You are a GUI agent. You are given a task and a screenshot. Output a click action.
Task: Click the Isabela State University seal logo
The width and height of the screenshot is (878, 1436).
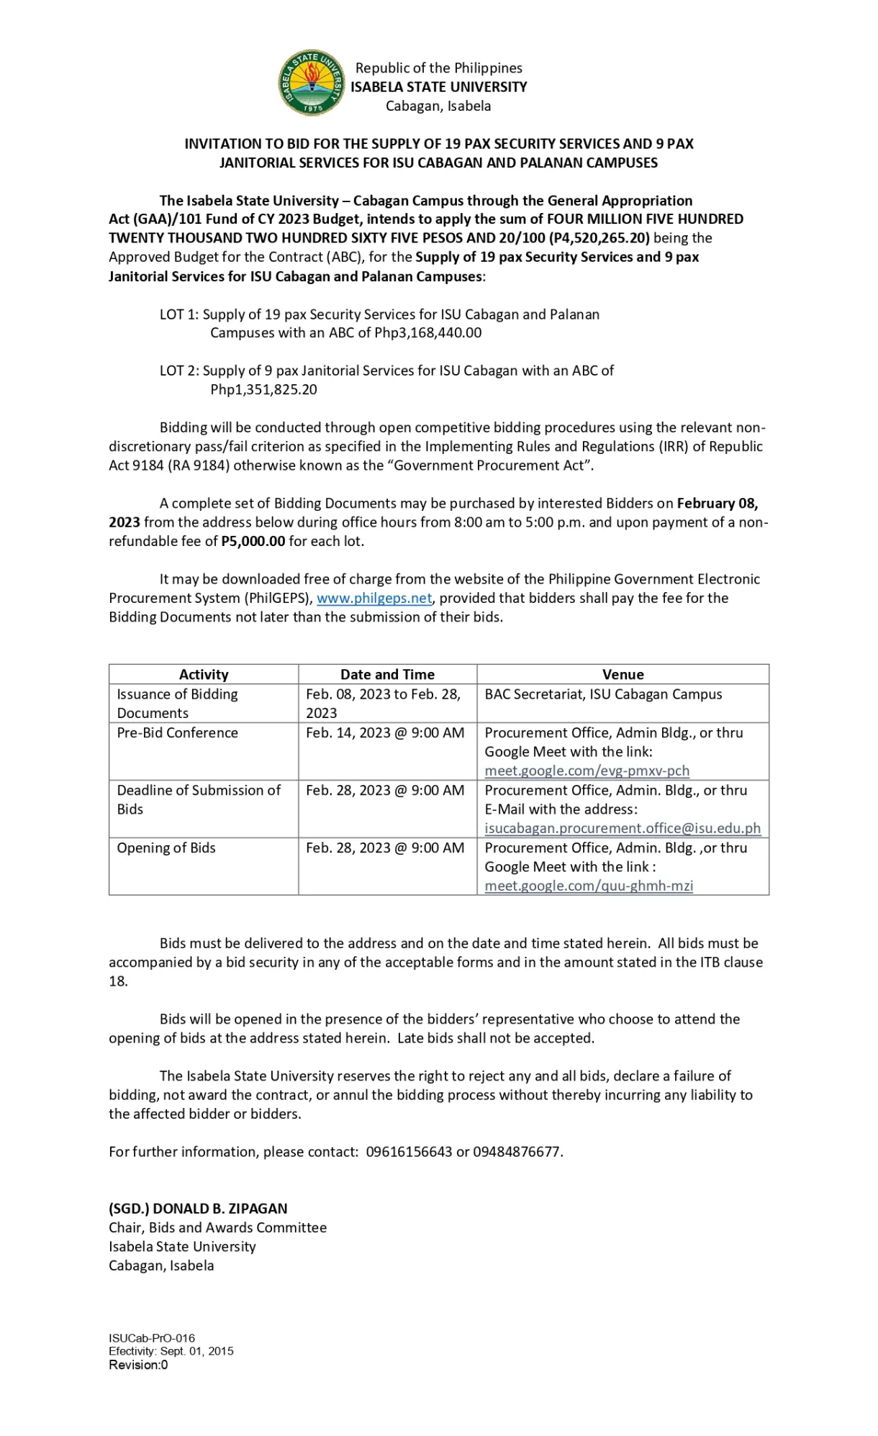tap(311, 83)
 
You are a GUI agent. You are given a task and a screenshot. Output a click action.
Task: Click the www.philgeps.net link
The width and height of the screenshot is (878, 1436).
tap(374, 598)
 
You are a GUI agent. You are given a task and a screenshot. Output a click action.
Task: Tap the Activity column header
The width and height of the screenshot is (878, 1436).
tap(204, 674)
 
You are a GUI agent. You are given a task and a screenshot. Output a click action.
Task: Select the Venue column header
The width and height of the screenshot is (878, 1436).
tap(623, 674)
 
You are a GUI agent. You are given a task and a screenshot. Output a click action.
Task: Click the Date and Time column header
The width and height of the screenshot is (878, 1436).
tap(387, 674)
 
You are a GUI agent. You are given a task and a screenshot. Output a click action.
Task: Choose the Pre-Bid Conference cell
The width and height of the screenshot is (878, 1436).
tap(178, 732)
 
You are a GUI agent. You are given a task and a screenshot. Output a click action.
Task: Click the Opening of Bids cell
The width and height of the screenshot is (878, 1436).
tap(166, 847)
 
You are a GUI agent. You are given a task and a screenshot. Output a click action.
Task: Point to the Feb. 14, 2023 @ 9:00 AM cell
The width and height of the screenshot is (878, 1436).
tap(385, 732)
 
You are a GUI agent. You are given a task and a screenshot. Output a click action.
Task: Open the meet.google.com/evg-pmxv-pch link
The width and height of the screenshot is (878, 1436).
tap(587, 771)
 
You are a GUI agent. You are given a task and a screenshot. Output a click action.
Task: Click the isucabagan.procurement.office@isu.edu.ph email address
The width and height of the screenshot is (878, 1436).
tap(623, 828)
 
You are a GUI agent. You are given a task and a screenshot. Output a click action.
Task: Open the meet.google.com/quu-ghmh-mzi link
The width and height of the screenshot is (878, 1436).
tap(589, 886)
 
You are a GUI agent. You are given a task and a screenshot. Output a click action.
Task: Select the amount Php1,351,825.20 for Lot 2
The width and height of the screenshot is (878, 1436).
tap(263, 389)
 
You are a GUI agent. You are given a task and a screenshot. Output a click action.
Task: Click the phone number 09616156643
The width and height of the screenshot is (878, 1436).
tap(409, 1151)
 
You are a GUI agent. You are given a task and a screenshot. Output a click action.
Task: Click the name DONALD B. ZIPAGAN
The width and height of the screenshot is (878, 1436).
tap(220, 1209)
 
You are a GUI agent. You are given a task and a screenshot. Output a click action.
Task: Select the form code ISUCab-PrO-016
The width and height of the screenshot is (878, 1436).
tap(152, 1338)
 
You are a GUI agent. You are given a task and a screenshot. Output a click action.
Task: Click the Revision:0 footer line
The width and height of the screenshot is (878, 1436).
tap(138, 1365)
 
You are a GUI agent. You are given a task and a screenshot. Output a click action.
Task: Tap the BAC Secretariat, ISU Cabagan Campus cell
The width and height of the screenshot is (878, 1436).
tap(603, 694)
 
